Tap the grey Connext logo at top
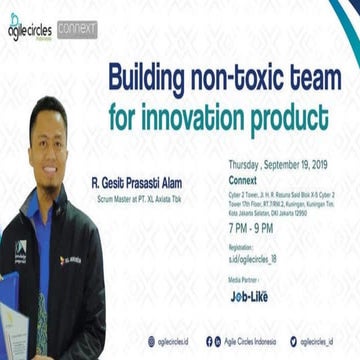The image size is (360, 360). [77, 30]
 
